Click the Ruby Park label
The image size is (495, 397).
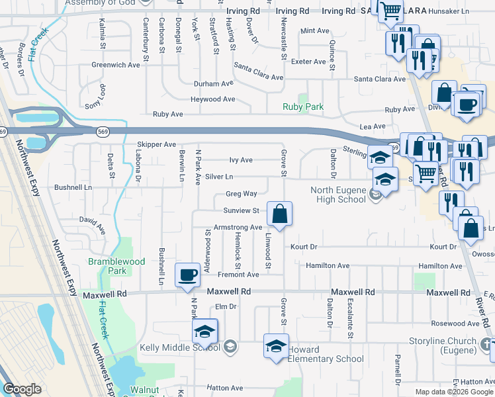[303, 107]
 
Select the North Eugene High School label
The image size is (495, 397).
[338, 196]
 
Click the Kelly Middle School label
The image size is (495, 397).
[180, 347]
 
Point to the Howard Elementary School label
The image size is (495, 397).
[326, 354]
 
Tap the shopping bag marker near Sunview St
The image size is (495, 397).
[279, 214]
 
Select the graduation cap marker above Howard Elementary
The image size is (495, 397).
[276, 345]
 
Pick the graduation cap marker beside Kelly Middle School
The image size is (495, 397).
[205, 331]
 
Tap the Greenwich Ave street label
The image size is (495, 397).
[116, 65]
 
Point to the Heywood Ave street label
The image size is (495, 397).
[213, 99]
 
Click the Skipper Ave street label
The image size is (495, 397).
[156, 144]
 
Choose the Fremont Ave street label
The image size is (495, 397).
[239, 275]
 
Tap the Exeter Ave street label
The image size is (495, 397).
[310, 62]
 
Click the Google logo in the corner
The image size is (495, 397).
[22, 390]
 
